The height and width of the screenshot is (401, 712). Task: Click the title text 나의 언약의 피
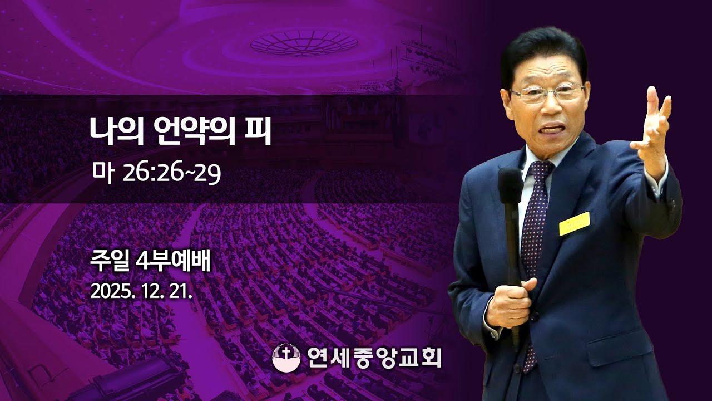point(181,132)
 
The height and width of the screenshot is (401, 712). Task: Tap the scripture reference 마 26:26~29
point(157,173)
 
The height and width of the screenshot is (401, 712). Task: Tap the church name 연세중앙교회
point(374,357)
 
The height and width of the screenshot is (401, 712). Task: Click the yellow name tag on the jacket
point(574,223)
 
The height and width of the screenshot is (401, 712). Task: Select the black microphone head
point(510,186)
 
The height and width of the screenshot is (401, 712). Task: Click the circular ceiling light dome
point(304,42)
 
